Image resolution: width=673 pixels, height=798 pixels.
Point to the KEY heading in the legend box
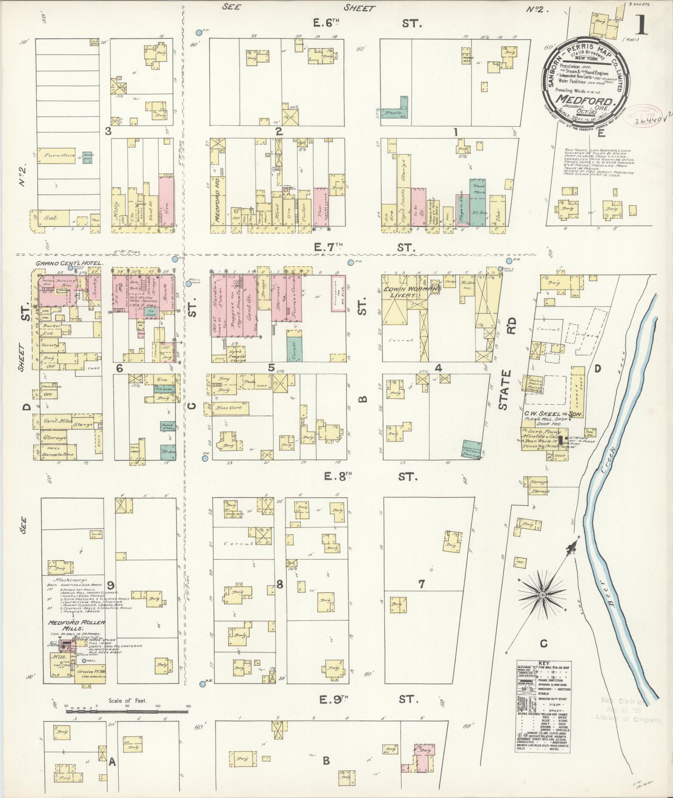coord(544,675)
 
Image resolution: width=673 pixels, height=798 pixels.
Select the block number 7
coord(421,584)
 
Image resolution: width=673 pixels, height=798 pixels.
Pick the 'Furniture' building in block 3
coord(58,155)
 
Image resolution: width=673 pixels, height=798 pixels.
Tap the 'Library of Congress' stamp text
coord(628,719)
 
